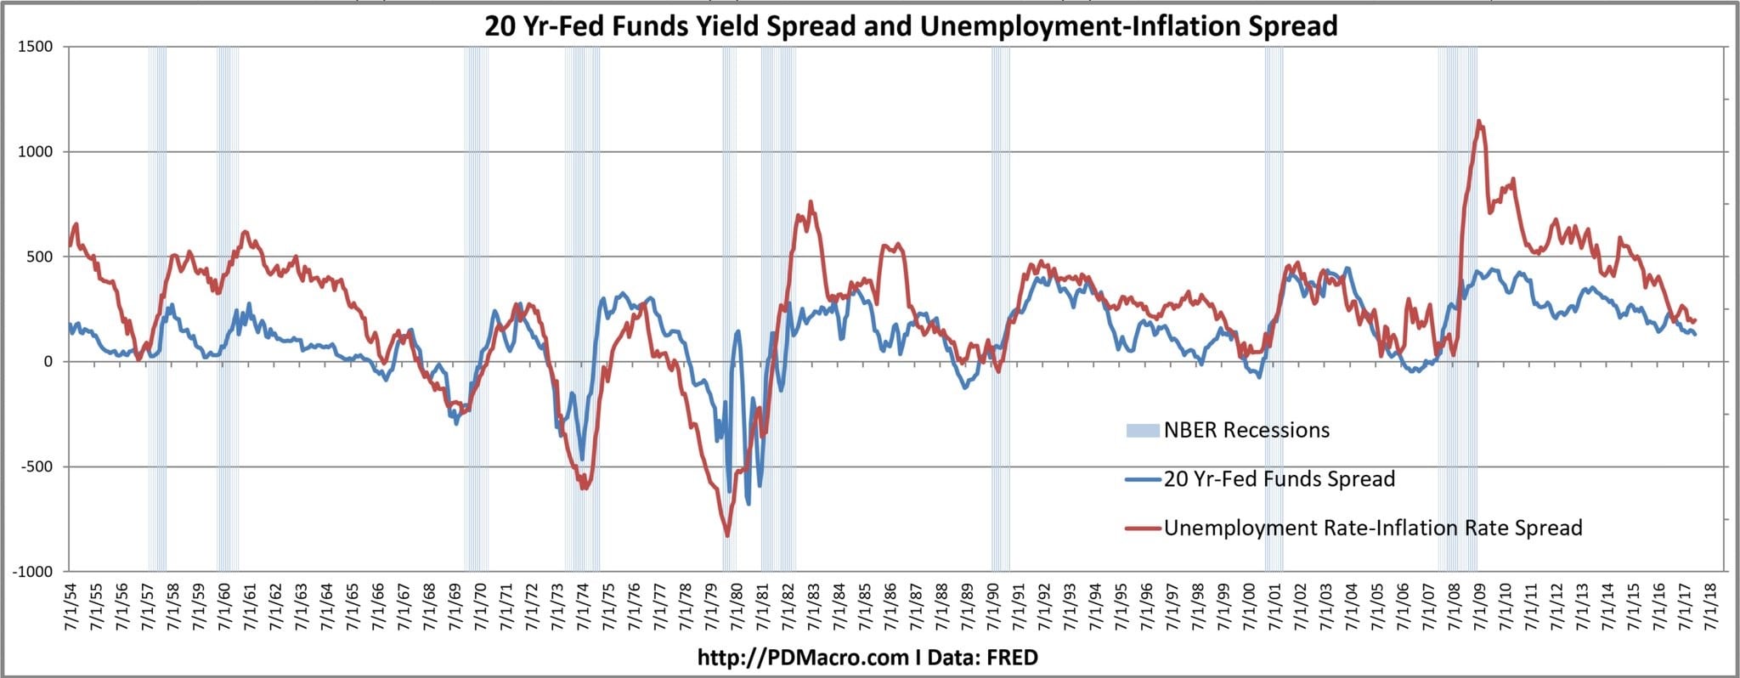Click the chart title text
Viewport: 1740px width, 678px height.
[911, 26]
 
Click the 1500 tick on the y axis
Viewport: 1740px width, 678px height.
[35, 47]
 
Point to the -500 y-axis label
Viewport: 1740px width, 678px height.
[35, 466]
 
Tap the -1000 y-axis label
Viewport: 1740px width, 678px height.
[32, 572]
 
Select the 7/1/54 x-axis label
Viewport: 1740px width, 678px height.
[69, 607]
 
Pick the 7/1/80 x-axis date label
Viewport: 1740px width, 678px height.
[736, 607]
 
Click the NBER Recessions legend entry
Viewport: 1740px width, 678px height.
[1246, 430]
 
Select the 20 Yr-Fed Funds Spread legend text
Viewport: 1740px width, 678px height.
[1279, 479]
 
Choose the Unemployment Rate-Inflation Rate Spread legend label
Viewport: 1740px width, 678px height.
[1372, 528]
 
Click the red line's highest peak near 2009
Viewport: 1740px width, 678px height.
[1480, 121]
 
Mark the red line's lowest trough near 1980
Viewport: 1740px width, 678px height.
[727, 535]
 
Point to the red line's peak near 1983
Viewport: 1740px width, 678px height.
[811, 202]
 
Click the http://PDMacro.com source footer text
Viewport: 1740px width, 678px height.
[867, 657]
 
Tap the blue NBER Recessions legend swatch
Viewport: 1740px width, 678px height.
[1142, 431]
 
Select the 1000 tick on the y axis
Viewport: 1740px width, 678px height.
[35, 152]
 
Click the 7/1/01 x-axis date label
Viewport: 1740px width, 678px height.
[1274, 607]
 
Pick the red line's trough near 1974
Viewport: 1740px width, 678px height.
[584, 489]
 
